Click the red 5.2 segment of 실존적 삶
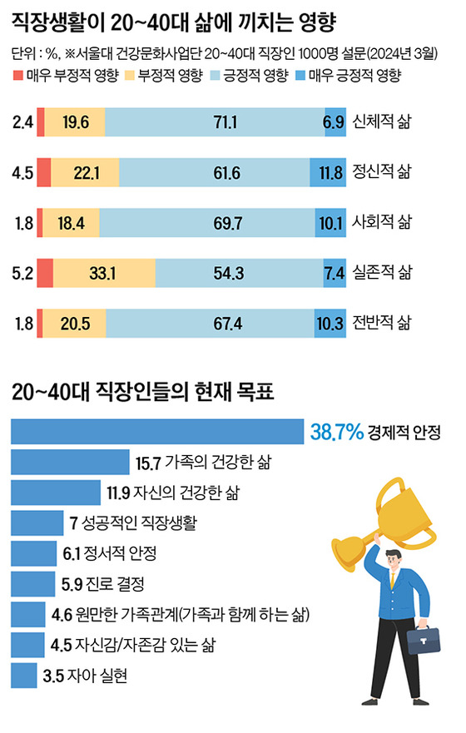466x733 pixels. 45,273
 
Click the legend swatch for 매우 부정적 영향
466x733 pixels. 17,76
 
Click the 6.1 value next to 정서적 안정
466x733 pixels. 71,553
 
